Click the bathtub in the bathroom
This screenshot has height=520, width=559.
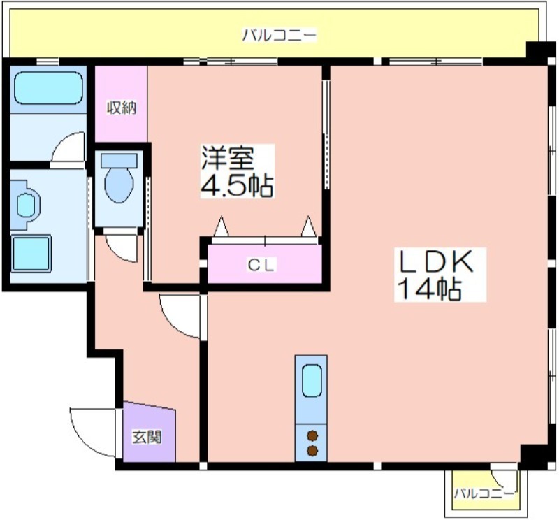(x=48, y=88)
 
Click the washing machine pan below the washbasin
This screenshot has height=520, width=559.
(x=31, y=253)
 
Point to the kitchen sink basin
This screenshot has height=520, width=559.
(x=311, y=380)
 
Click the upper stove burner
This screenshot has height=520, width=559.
(x=312, y=435)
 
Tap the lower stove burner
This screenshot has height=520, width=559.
(x=312, y=451)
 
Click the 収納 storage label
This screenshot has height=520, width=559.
(x=122, y=108)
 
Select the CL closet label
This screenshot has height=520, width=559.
(x=261, y=265)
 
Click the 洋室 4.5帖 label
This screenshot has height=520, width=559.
(x=237, y=171)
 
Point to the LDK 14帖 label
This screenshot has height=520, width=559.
(x=440, y=275)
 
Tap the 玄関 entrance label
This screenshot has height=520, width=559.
(x=147, y=437)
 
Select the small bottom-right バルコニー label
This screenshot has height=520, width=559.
(x=484, y=494)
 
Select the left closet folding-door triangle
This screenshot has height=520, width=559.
(x=222, y=226)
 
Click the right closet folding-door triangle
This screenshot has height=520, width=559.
(x=309, y=226)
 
